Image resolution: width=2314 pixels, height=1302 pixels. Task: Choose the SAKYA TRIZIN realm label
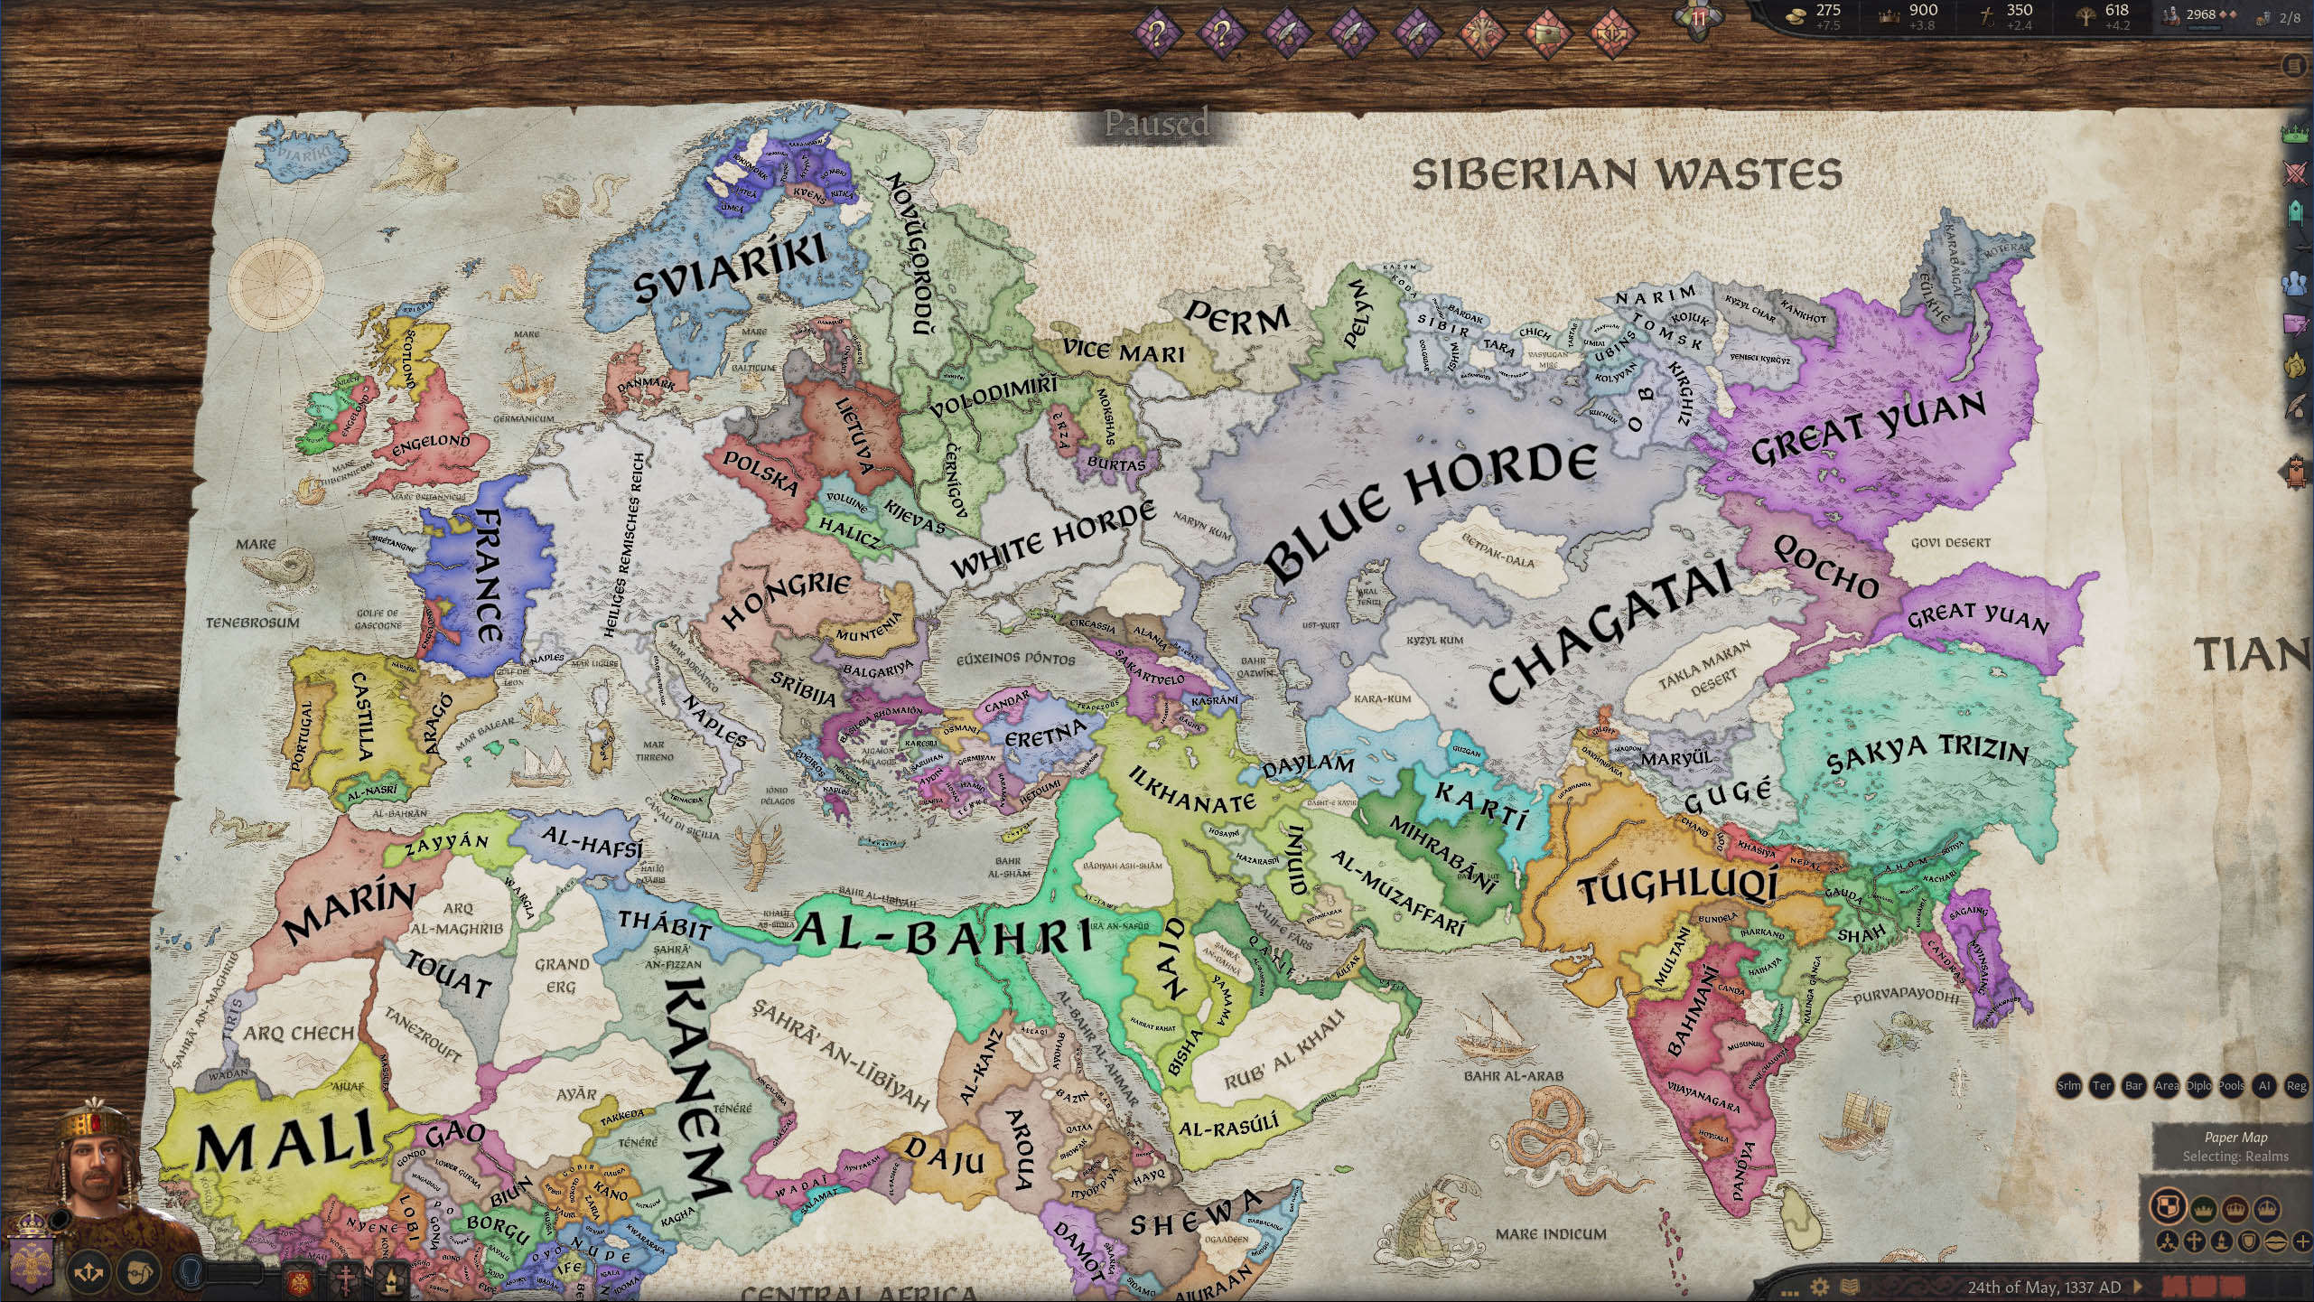pos(1927,754)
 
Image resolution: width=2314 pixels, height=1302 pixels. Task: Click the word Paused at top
pos(1156,123)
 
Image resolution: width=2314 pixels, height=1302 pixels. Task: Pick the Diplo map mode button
pos(2198,1086)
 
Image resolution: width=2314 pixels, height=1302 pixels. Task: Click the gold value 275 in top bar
pos(1828,10)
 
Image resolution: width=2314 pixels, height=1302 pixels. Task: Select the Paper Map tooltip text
pos(2235,1138)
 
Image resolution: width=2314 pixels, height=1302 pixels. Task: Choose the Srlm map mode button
pos(2068,1086)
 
